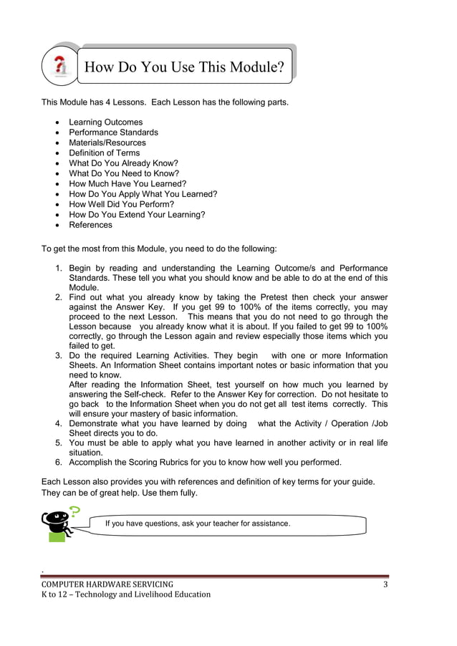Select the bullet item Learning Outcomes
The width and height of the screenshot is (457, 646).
(105, 122)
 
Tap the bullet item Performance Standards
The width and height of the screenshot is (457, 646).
(113, 132)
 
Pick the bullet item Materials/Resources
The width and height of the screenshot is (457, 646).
(107, 143)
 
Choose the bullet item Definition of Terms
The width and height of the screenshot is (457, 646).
(104, 153)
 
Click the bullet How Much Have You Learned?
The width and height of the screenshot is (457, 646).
(128, 183)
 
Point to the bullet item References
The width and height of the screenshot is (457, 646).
(90, 225)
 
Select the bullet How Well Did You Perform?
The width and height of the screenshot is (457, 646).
(122, 204)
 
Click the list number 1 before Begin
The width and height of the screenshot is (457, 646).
(59, 268)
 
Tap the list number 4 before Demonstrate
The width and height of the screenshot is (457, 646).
(59, 423)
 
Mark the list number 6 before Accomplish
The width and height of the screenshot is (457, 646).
(59, 461)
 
